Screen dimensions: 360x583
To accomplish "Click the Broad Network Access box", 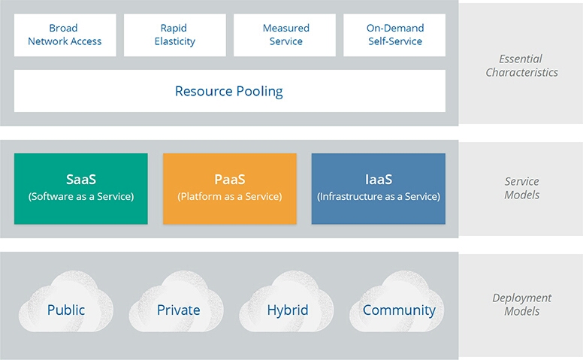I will (65, 35).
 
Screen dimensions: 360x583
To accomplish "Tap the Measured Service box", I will (285, 35).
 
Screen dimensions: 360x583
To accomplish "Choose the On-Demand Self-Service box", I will (394, 35).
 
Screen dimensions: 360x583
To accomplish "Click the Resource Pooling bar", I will (229, 91).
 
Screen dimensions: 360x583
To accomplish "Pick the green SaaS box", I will (80, 188).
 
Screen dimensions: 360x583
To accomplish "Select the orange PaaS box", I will (229, 188).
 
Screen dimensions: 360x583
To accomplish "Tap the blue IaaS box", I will (378, 188).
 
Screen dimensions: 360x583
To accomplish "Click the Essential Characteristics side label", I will (521, 65).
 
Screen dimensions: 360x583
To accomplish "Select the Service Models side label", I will (521, 188).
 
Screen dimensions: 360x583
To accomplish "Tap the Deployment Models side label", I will (521, 304).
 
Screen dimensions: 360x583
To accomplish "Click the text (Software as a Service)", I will (80, 197).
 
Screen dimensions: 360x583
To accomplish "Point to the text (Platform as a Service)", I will (229, 197).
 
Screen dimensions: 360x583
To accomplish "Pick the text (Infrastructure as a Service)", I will (378, 197).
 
